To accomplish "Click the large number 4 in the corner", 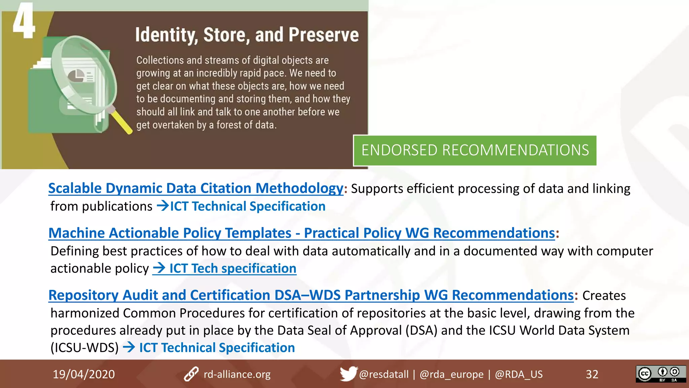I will (24, 21).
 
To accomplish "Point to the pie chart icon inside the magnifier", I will (76, 76).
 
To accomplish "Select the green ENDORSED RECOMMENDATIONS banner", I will (475, 151).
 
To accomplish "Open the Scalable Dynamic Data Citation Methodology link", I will (195, 188).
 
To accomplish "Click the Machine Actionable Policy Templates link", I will (301, 233).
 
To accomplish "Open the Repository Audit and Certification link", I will (311, 295).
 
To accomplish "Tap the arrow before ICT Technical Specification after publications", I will (163, 206).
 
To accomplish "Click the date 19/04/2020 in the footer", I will (84, 374).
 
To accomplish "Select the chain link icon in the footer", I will (191, 374).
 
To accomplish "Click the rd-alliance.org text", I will (237, 374).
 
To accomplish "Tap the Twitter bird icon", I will (348, 374).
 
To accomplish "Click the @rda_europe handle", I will (451, 374).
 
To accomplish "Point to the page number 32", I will (592, 374).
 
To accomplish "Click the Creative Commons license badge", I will (660, 374).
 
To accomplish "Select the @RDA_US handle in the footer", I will (518, 374).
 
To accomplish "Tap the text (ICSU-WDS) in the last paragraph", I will (84, 348).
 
